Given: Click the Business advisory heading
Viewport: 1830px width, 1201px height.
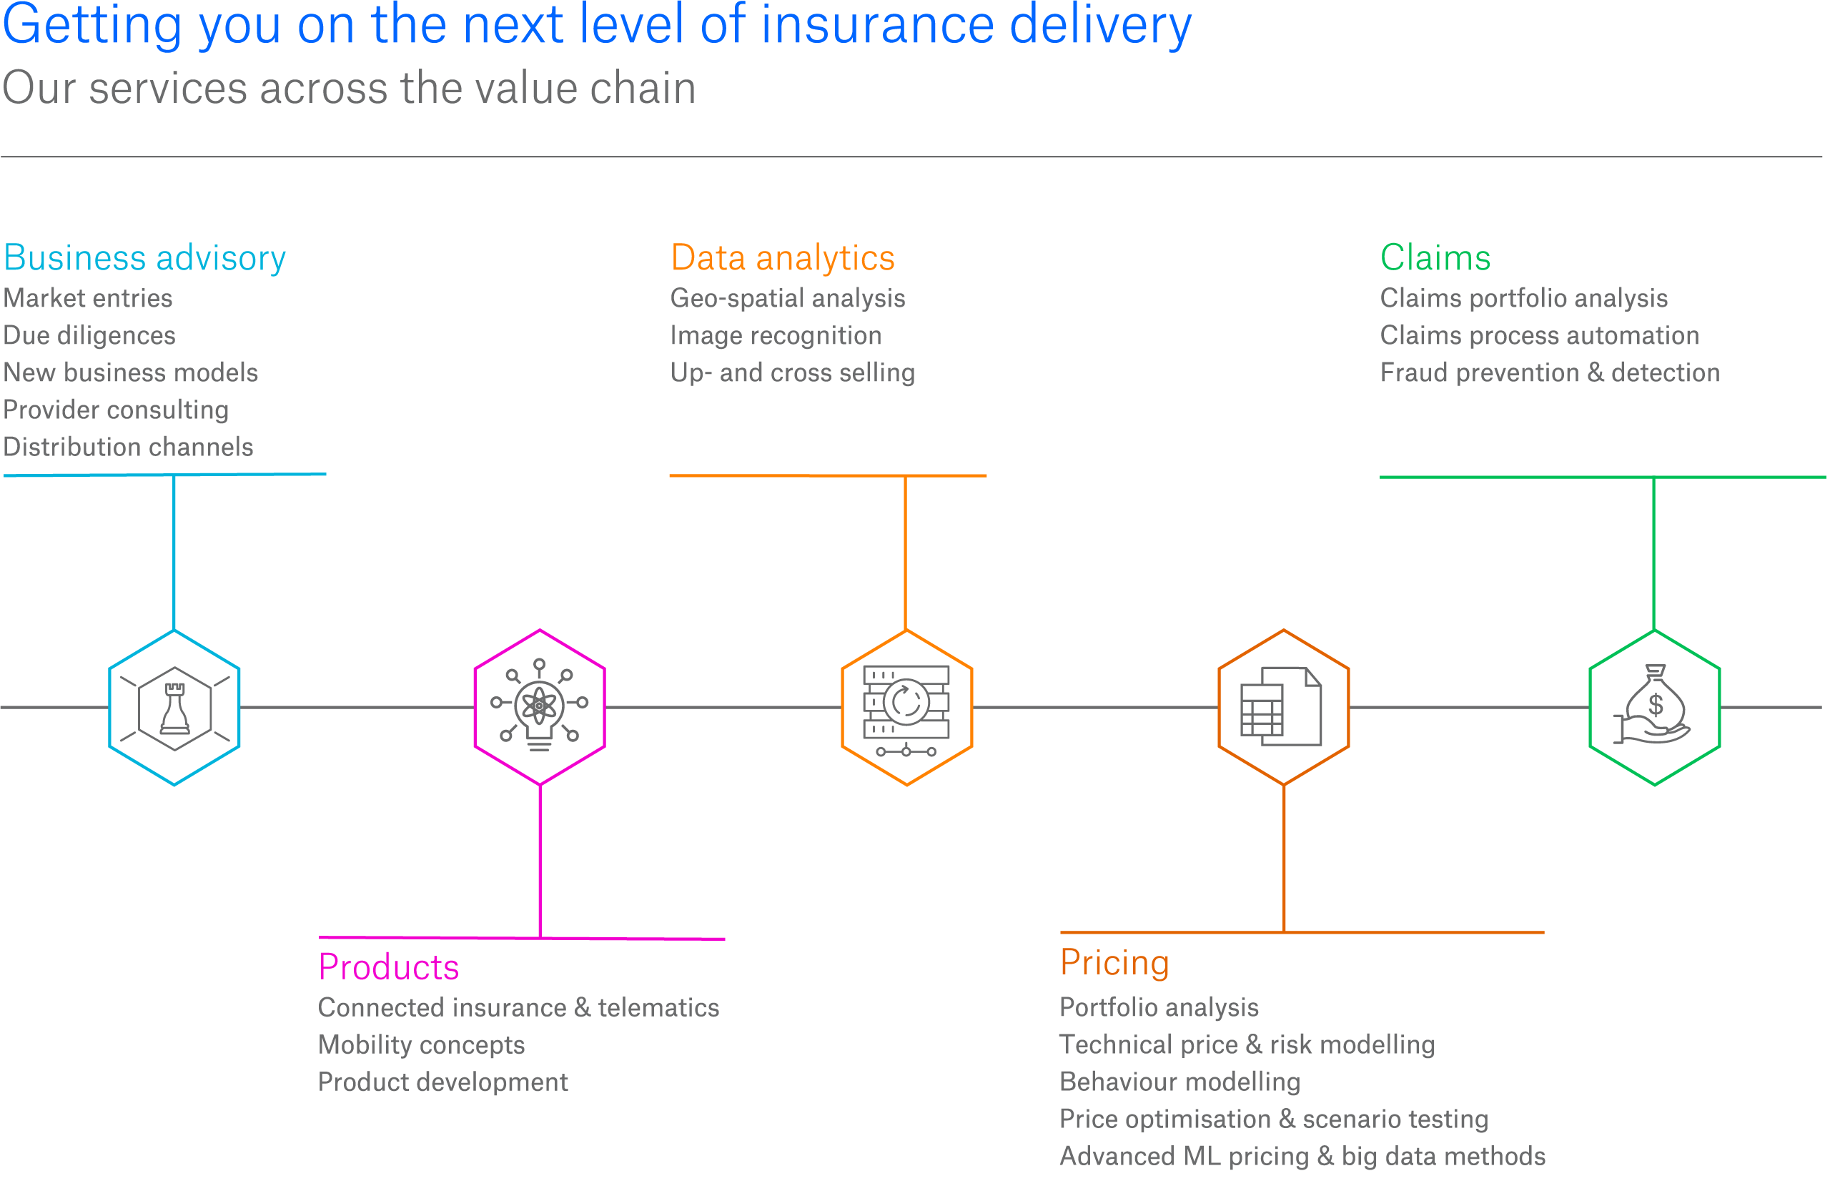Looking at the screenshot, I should point(144,257).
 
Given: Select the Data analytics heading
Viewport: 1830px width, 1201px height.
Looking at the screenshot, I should point(783,257).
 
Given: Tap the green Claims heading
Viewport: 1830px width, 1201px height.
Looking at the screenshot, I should point(1435,257).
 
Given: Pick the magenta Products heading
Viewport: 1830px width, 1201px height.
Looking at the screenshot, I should point(388,967).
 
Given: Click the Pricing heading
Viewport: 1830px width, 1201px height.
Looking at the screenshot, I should point(1114,962).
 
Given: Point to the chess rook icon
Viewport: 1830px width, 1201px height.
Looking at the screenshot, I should point(174,708).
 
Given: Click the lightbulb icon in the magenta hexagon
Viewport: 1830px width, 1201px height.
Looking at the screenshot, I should point(540,706).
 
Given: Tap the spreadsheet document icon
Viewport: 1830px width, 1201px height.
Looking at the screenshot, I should point(1281,706).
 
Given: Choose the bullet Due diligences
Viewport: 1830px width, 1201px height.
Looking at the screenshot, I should point(89,335).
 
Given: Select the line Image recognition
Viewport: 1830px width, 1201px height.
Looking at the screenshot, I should point(776,335).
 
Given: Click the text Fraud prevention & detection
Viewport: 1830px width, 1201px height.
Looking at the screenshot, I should point(1549,372).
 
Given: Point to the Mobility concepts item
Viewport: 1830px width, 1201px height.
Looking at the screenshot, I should point(421,1044).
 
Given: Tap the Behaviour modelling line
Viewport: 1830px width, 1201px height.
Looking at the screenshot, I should point(1179,1081).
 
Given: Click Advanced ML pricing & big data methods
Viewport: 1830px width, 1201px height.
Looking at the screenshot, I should point(1302,1156).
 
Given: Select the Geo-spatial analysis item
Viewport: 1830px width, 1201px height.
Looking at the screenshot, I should point(787,297).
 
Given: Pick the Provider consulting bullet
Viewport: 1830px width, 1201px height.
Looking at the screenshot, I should point(116,410).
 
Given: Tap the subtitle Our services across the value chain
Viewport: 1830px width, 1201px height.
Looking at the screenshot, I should point(349,88).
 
